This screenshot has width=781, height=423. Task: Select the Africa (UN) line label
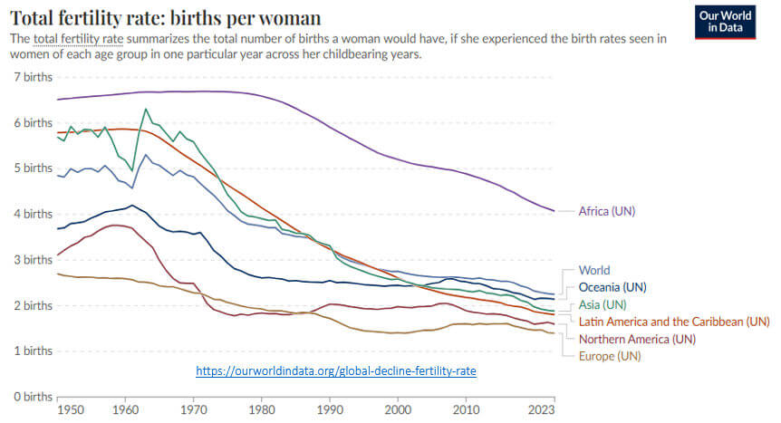click(x=607, y=211)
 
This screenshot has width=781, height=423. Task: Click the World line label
click(x=594, y=270)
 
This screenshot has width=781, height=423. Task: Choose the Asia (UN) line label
click(x=602, y=303)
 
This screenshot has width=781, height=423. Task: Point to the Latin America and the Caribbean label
click(x=673, y=321)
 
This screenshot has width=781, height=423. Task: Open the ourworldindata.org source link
click(x=336, y=370)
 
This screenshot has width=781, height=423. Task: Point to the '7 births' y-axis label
click(x=33, y=77)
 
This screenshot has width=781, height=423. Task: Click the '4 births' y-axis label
click(x=33, y=214)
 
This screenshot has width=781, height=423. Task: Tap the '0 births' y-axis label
click(x=33, y=396)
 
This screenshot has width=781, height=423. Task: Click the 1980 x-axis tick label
click(x=261, y=410)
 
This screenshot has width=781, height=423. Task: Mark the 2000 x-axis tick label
click(x=398, y=410)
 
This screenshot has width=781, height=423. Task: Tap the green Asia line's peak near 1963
click(x=145, y=110)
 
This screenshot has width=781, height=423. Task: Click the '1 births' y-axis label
click(x=33, y=351)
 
